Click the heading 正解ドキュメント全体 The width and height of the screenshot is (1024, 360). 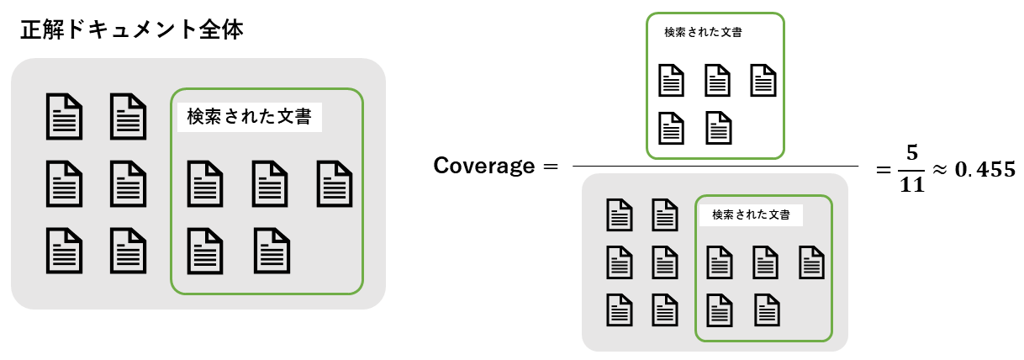132,31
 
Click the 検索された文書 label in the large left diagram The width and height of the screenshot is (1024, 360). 250,116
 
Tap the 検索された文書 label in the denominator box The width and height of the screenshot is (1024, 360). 751,214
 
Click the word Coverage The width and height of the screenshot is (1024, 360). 484,166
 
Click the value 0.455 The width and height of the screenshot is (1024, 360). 986,168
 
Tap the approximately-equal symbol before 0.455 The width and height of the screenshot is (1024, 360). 941,168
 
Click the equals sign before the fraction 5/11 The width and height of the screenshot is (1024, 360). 883,168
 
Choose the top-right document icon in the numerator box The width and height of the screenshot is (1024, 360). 763,81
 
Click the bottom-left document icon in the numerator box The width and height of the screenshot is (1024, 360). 670,128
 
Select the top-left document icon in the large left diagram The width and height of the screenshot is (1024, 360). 64,117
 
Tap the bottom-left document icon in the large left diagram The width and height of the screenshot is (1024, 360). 64,250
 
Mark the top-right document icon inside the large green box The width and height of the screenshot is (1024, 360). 334,183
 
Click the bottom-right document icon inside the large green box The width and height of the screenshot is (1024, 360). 272,250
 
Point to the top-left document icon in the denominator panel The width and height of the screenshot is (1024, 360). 620,214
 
